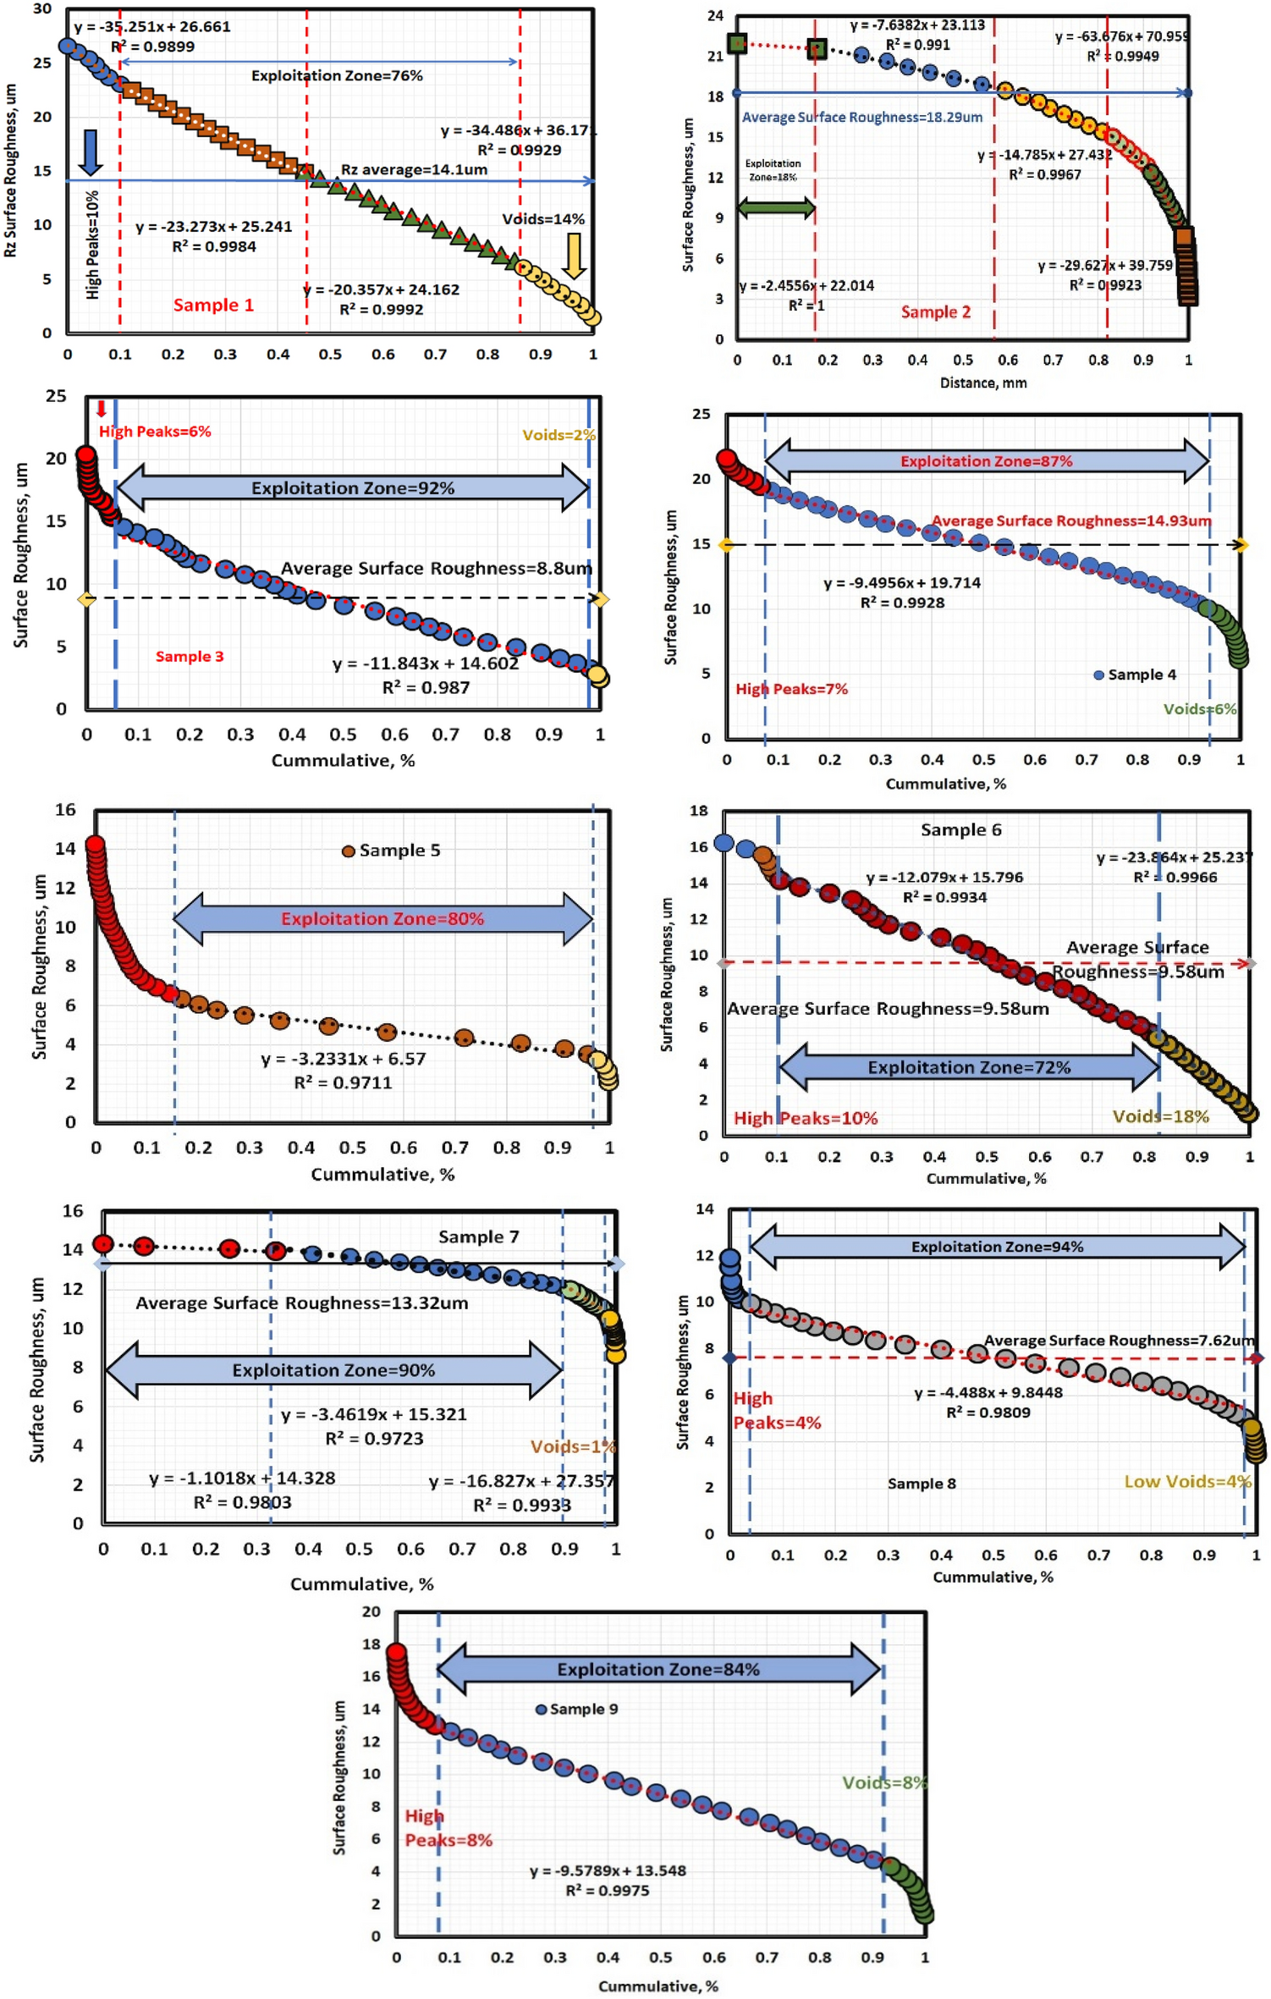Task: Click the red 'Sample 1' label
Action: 213,305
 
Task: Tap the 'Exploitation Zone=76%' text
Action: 337,75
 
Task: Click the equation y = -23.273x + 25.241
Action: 213,227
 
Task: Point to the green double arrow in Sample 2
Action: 776,207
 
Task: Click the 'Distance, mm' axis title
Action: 983,383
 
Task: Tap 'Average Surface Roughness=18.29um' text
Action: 861,117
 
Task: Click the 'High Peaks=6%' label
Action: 155,432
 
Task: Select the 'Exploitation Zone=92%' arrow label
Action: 352,488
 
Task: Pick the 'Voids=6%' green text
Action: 1199,709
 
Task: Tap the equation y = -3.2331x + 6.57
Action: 343,1059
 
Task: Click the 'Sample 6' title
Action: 960,830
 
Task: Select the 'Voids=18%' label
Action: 1160,1116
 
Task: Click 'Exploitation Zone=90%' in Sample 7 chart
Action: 333,1370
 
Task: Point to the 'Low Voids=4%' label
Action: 1186,1481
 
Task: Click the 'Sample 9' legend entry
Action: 577,1709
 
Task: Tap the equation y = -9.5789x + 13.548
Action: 608,1870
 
